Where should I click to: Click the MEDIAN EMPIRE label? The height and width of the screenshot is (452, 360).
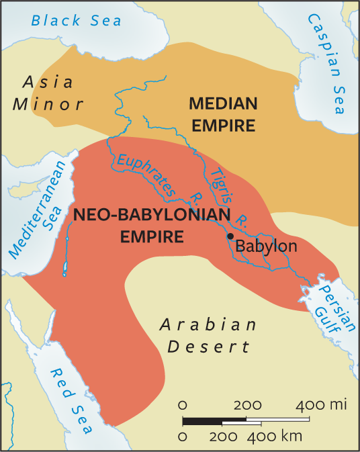click(223, 114)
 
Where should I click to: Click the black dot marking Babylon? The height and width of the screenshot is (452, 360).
click(230, 236)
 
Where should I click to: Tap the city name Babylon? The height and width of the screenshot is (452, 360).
click(265, 246)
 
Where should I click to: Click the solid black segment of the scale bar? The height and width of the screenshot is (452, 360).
click(202, 422)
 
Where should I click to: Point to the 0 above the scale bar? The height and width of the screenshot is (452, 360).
click(183, 406)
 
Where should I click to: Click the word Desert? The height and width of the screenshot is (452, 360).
click(208, 347)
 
